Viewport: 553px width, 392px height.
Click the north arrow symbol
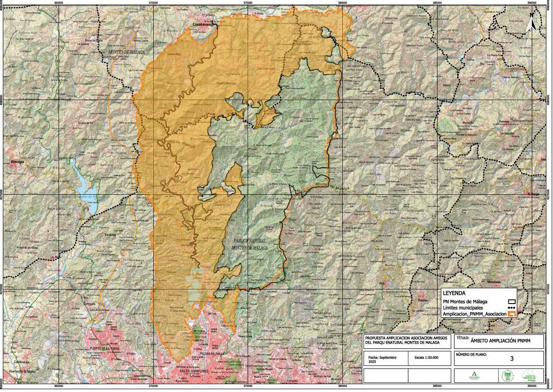[x=531, y=20]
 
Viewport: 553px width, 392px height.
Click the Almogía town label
[x=18, y=162]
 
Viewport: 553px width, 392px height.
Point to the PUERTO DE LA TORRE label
[x=106, y=348]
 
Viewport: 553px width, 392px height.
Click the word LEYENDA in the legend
[x=454, y=293]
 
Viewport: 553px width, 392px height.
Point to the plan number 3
[x=512, y=358]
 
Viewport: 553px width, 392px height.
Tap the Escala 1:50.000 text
[x=426, y=357]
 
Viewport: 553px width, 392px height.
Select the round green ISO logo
[x=507, y=375]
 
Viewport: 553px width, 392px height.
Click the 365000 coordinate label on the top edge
[x=59, y=2]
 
